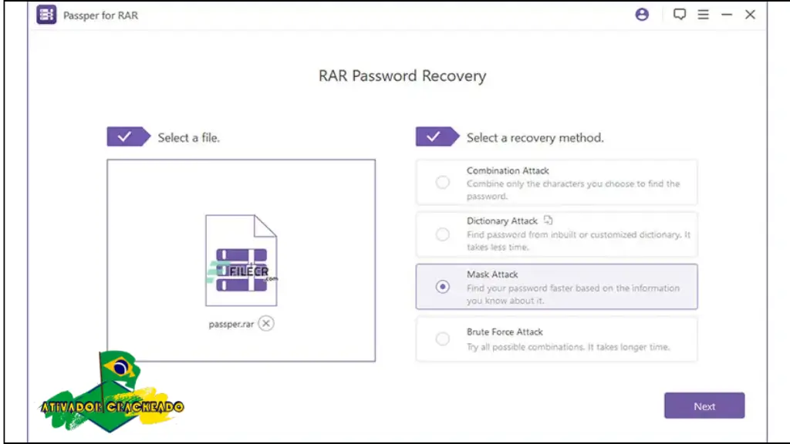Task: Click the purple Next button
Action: tap(704, 405)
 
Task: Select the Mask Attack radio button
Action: tap(443, 287)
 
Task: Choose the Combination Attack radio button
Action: tap(443, 183)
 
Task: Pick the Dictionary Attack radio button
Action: tap(443, 234)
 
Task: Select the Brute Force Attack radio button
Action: tap(443, 338)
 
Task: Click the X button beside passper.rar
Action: tap(266, 324)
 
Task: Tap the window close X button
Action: tap(750, 15)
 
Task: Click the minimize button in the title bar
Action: tap(726, 15)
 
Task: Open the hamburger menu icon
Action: tap(703, 15)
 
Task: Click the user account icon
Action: tap(642, 15)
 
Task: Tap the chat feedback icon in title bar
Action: tap(680, 15)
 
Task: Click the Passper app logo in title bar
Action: tap(47, 15)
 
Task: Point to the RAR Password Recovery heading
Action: tap(402, 76)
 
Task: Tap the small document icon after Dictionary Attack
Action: tap(549, 220)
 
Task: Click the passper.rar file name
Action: tap(231, 325)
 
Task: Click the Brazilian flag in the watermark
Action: tap(120, 368)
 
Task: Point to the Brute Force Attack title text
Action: tap(505, 332)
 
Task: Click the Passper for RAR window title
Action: tap(100, 15)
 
